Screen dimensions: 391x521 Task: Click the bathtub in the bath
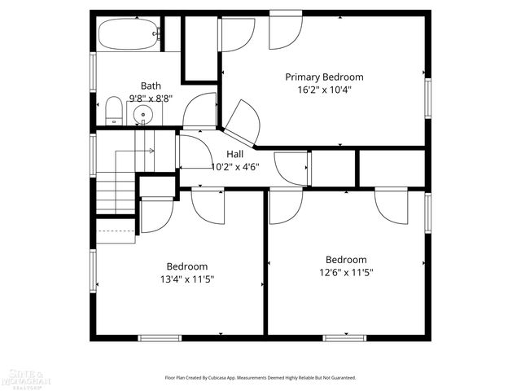(127, 35)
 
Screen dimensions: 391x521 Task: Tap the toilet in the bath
(114, 111)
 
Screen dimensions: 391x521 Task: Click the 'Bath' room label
(151, 86)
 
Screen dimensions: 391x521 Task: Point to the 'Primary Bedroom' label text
(324, 77)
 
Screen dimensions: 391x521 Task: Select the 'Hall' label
(234, 154)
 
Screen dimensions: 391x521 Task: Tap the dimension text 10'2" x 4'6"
(234, 167)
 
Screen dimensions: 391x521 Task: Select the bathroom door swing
(199, 112)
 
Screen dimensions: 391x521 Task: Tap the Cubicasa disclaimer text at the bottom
(260, 378)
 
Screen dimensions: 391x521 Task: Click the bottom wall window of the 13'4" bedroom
(160, 337)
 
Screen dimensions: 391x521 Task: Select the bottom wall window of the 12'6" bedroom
(344, 337)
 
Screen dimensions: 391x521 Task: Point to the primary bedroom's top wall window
(286, 11)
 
